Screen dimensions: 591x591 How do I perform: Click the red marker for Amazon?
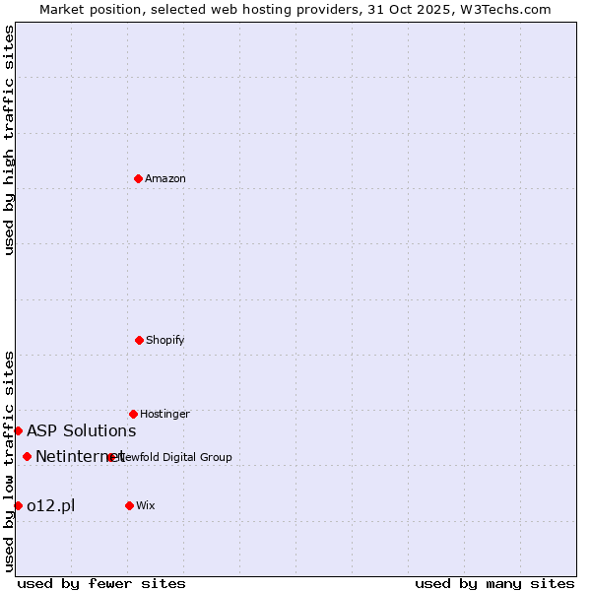(x=139, y=178)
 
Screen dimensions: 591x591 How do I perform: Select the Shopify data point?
(x=139, y=340)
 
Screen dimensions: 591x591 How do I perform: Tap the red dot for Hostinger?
(x=133, y=414)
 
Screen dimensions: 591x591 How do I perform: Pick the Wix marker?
(x=129, y=505)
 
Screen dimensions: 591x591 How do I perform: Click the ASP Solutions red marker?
(x=18, y=430)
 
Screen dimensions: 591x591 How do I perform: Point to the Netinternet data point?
(x=27, y=456)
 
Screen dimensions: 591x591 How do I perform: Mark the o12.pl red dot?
(x=18, y=505)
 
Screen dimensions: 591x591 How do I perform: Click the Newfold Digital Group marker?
(x=110, y=457)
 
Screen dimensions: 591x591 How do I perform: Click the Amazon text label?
(x=165, y=178)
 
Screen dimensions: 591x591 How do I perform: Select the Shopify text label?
(x=165, y=340)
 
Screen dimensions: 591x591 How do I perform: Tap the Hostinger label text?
(x=164, y=414)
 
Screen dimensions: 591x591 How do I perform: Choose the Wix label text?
(x=146, y=505)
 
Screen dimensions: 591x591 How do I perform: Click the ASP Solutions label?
(x=81, y=430)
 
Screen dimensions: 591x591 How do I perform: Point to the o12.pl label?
(x=50, y=505)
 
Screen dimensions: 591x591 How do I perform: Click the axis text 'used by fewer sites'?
(x=101, y=583)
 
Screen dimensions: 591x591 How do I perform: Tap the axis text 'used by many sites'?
(x=494, y=583)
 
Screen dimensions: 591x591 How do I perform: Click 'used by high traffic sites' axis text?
(x=10, y=140)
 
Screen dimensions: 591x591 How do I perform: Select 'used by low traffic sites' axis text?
(x=10, y=461)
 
